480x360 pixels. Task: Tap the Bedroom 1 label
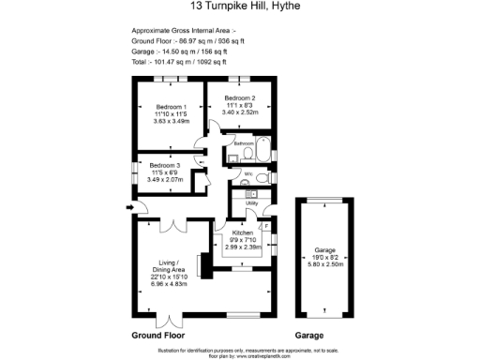click(x=172, y=107)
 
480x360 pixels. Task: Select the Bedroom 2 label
click(x=239, y=97)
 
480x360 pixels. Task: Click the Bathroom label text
click(x=244, y=143)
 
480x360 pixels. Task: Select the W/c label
click(x=248, y=174)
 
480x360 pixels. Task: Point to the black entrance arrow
click(x=127, y=207)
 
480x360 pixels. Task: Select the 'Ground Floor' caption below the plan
click(x=157, y=335)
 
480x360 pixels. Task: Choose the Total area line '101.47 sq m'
click(x=187, y=62)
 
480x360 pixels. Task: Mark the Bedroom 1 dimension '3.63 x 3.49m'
click(x=172, y=121)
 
